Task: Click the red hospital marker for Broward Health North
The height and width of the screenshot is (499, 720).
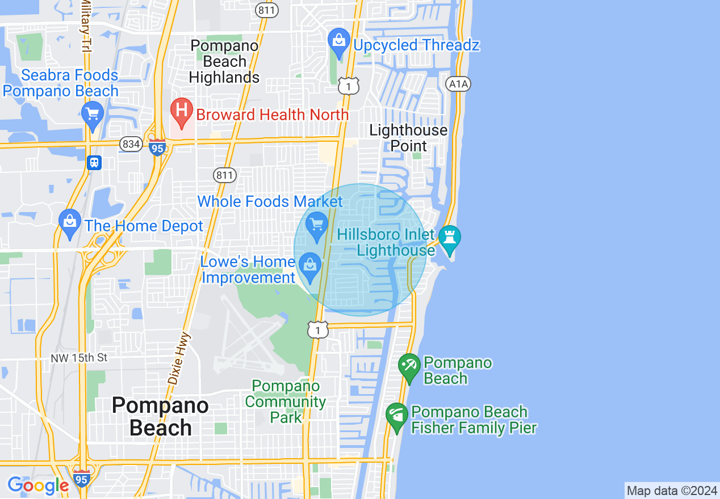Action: (x=182, y=111)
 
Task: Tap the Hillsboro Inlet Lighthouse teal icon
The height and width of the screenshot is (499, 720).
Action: (x=449, y=239)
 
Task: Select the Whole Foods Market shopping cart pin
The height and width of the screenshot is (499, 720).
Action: (x=317, y=225)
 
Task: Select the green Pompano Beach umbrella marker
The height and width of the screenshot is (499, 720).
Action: (x=409, y=367)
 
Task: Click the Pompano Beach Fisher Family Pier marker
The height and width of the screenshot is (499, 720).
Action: (x=396, y=416)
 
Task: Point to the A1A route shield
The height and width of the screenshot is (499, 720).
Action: (x=458, y=84)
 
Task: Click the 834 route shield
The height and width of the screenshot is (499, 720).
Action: (x=131, y=144)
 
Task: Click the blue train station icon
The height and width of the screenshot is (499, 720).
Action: (x=94, y=163)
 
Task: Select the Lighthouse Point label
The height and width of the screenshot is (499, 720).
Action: (x=408, y=138)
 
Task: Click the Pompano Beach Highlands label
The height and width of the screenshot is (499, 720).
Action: (x=224, y=61)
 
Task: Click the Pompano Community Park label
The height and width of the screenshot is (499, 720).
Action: (x=286, y=401)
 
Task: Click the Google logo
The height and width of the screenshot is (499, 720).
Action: (x=38, y=485)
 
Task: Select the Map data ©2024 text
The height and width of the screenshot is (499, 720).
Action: (x=672, y=490)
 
